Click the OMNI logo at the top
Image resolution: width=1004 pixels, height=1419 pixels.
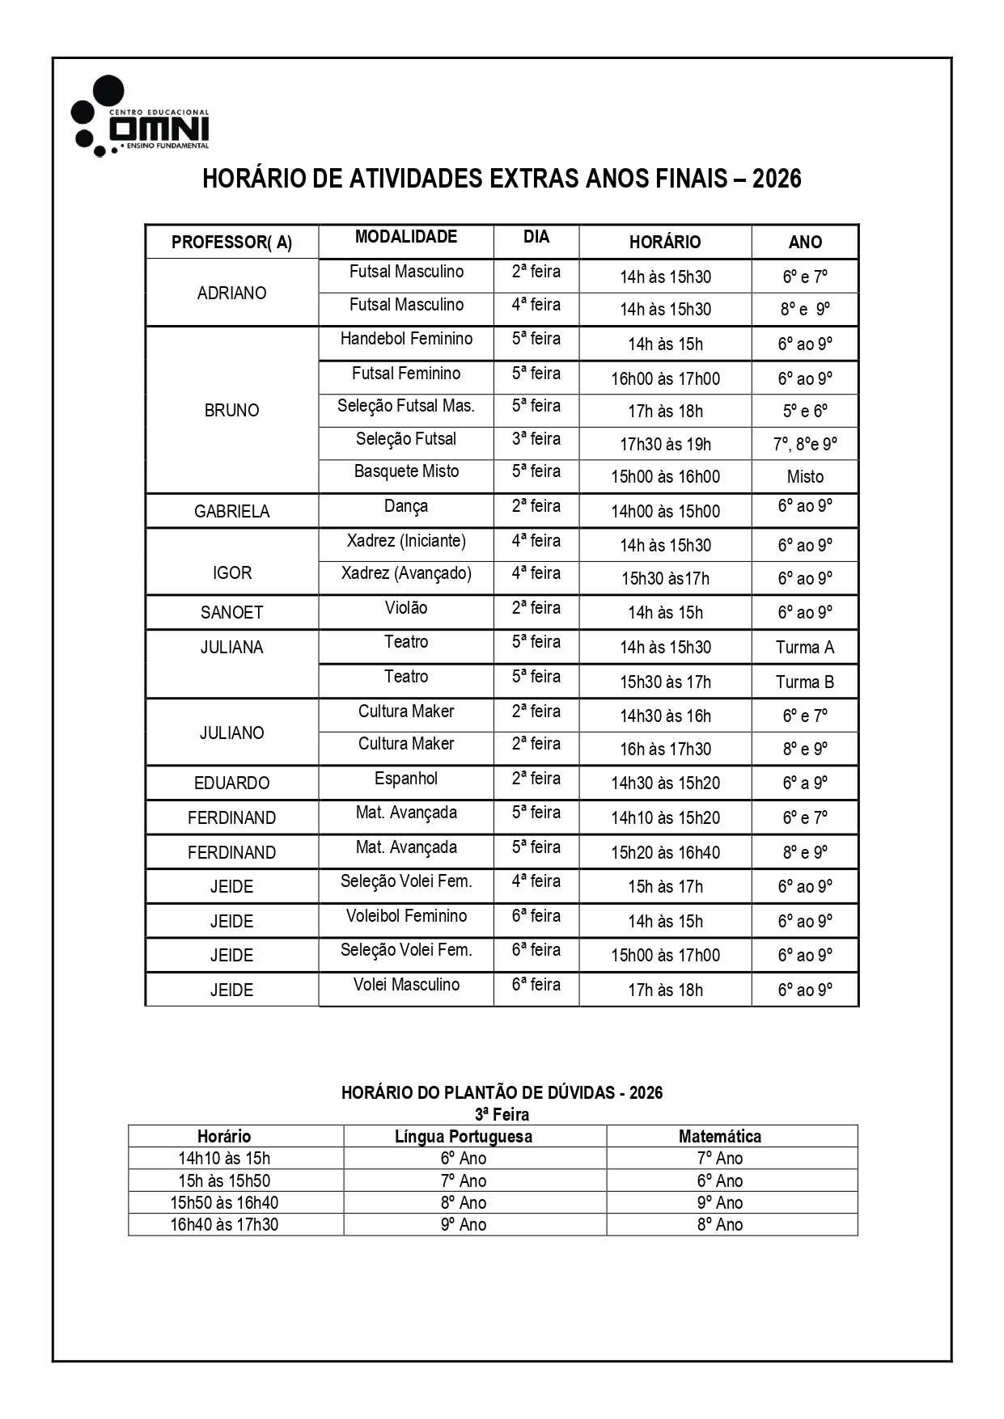point(142,117)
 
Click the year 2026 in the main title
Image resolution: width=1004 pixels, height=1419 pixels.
point(776,179)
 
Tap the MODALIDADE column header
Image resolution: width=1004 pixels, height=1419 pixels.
point(406,237)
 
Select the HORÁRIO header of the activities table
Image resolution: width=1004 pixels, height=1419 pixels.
point(665,242)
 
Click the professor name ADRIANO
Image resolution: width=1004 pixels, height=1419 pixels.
point(231,293)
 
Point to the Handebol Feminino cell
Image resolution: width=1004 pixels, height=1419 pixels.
point(406,339)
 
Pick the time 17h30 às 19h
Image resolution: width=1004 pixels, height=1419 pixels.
point(665,444)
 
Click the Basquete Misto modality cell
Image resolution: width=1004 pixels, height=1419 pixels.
point(406,471)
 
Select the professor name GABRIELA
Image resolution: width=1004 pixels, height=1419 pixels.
point(231,511)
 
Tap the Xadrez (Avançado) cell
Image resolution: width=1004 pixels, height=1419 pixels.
point(406,573)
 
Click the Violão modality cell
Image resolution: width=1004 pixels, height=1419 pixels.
point(406,608)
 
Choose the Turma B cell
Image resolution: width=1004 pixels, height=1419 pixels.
point(804,682)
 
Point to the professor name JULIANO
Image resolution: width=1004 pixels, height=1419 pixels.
point(231,733)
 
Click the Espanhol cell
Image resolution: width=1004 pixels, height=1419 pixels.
point(406,779)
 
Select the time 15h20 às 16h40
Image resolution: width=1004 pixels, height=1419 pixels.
point(665,852)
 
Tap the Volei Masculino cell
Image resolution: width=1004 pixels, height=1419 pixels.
point(406,985)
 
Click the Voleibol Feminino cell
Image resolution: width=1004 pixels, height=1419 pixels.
point(406,916)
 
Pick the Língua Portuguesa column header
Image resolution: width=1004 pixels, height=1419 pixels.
point(464,1136)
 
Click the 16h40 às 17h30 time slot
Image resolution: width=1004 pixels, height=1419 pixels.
point(224,1224)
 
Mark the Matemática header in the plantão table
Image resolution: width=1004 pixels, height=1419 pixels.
point(720,1136)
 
